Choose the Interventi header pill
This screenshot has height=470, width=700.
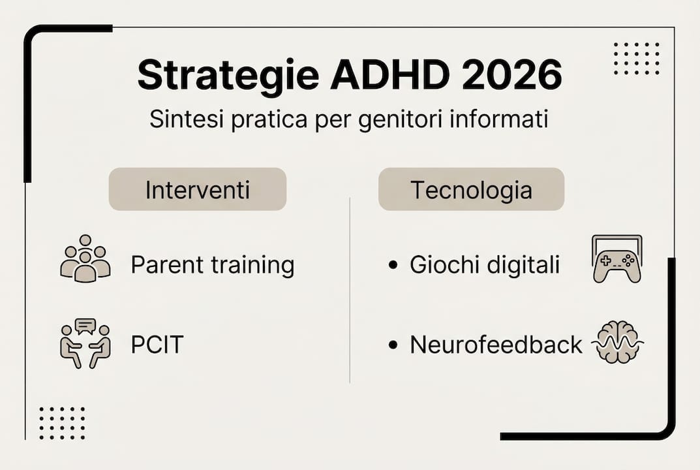click(197, 189)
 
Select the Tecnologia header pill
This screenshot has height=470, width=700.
click(471, 189)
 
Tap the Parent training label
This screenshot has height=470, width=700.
click(213, 266)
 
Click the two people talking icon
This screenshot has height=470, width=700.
click(85, 344)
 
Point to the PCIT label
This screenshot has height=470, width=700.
click(157, 345)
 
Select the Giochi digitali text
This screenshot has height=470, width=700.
click(484, 266)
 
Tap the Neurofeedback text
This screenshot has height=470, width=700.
click(496, 345)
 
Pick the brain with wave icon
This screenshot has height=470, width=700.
click(617, 342)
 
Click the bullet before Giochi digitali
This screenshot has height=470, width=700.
click(392, 266)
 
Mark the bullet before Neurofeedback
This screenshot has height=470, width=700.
click(392, 345)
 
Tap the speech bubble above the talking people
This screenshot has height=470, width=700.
click(85, 325)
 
